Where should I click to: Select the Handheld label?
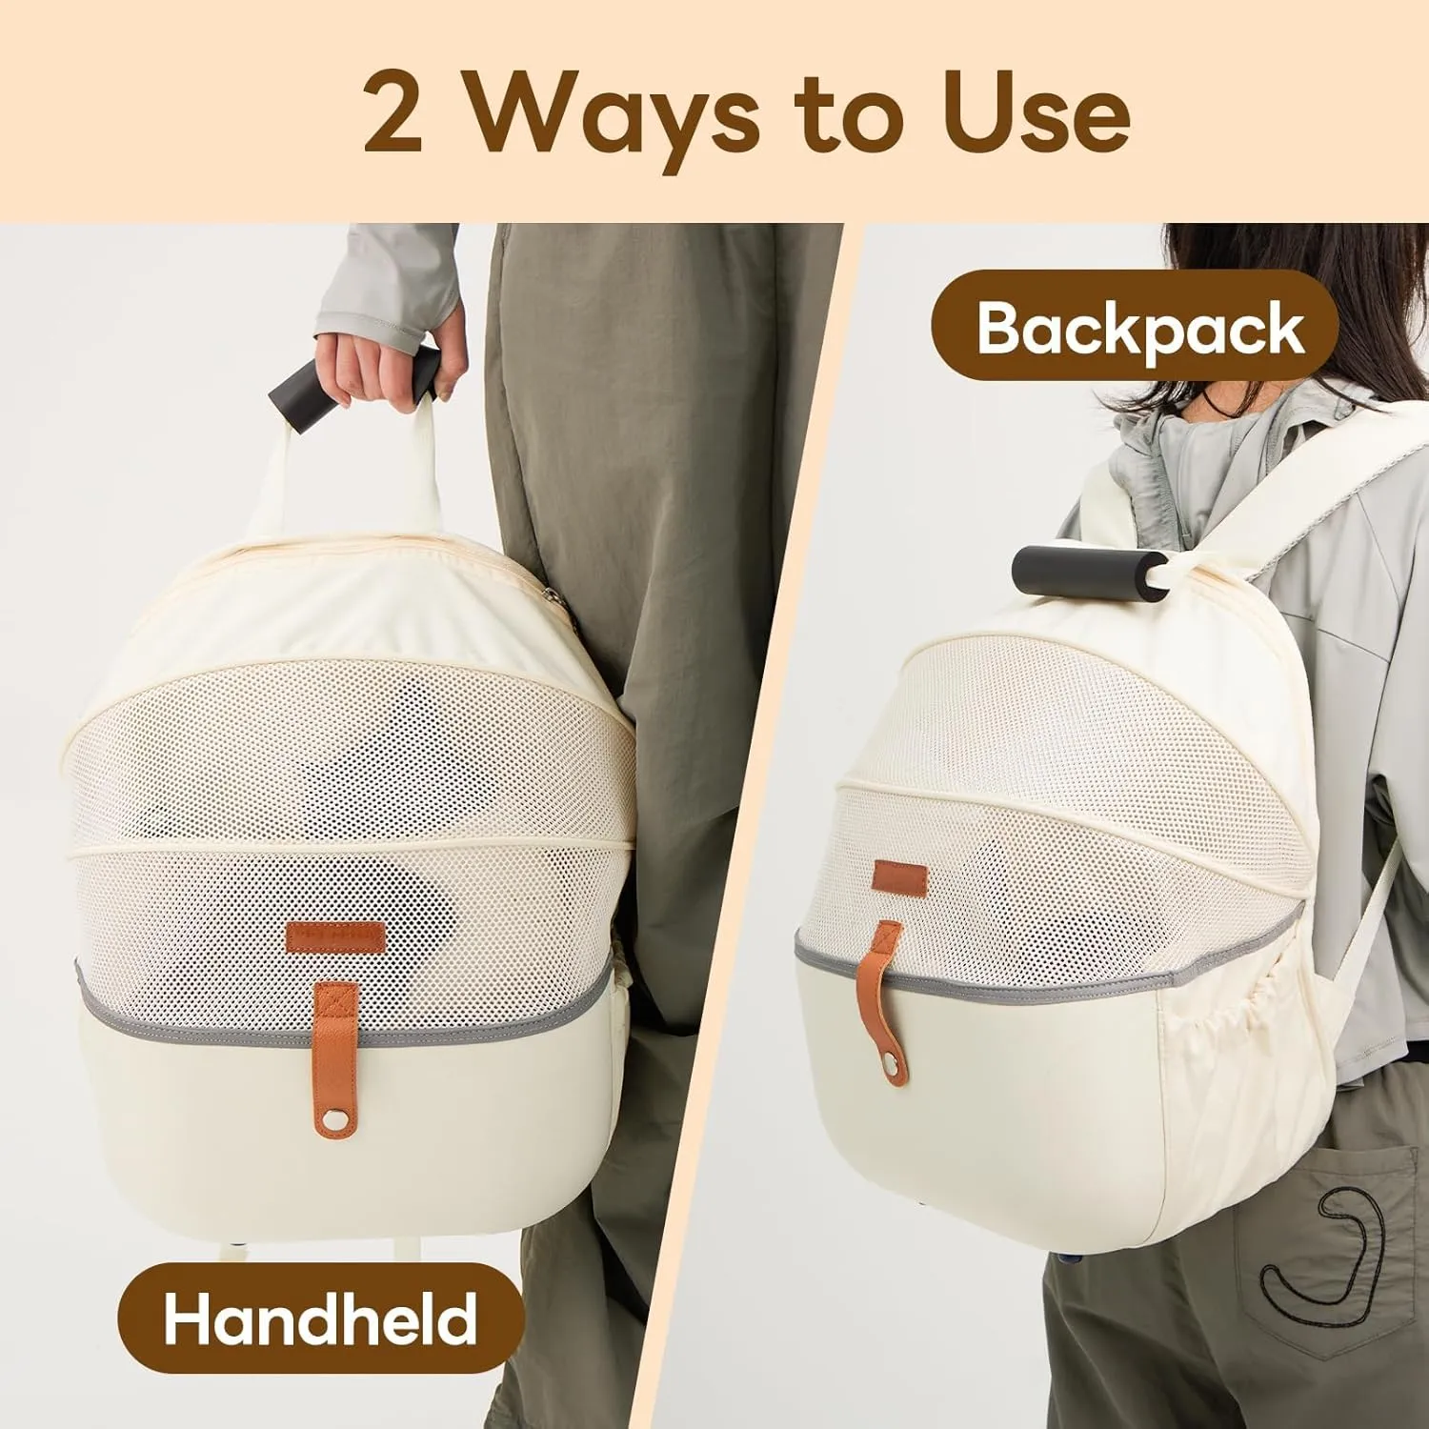click(x=320, y=1319)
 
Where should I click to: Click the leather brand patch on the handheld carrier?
click(x=333, y=937)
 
